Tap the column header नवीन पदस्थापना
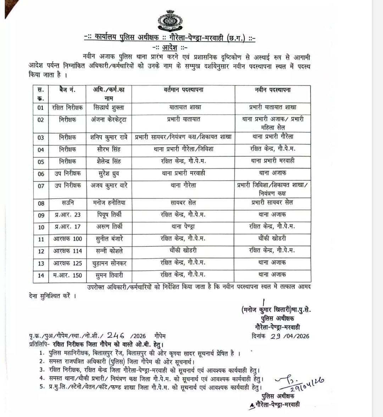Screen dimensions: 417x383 point(273,90)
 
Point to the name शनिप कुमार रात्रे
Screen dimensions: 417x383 point(109,137)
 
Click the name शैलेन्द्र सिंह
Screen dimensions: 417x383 point(106,161)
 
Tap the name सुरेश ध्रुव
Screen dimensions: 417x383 point(106,173)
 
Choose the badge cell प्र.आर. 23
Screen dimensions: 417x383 point(67,215)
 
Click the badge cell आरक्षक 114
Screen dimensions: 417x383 point(67,251)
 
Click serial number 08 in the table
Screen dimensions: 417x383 point(41,204)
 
